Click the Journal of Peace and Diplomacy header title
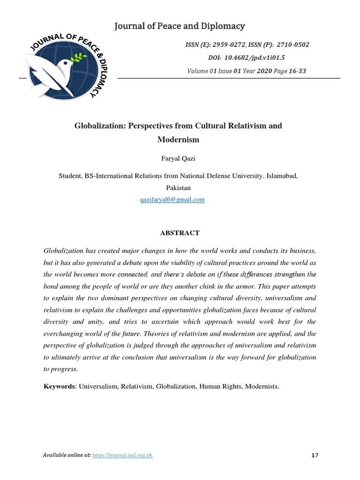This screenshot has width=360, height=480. click(x=180, y=26)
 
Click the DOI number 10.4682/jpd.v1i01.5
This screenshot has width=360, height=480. click(x=260, y=58)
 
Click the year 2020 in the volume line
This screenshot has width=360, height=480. click(x=265, y=71)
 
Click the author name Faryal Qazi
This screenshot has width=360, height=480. click(x=180, y=159)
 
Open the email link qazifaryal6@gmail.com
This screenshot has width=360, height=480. click(x=172, y=200)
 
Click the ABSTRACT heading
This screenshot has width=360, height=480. click(x=180, y=233)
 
